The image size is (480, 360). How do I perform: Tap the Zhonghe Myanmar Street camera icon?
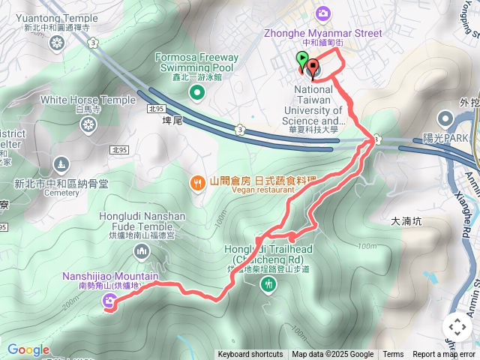[x=322, y=13]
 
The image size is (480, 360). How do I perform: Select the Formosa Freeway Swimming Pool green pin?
[x=196, y=92]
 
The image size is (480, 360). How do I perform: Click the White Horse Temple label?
[x=88, y=99]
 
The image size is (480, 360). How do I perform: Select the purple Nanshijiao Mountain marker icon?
[x=109, y=301]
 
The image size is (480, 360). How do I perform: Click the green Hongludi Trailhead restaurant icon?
[x=268, y=284]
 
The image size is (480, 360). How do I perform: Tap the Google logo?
[x=28, y=349]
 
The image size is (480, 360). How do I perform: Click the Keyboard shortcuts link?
[x=250, y=355]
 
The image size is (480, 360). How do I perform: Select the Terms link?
[x=393, y=355]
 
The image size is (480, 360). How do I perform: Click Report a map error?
[x=444, y=355]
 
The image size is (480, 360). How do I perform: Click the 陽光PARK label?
[x=445, y=137]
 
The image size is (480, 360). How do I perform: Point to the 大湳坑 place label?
[x=408, y=222]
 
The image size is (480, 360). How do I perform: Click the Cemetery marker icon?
[x=61, y=163]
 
